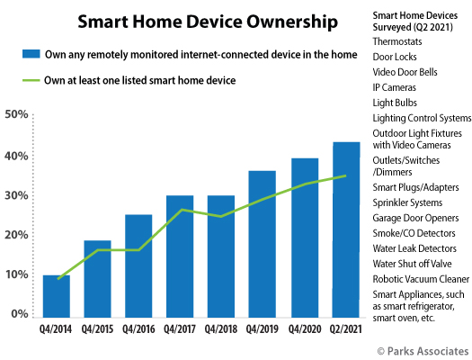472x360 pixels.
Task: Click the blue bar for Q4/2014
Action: pos(57,296)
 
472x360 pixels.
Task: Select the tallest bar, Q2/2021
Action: pos(346,229)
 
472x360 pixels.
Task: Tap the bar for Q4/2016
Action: pos(138,266)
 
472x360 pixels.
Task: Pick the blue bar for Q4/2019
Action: pos(262,244)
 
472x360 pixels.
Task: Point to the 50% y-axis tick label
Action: pos(16,114)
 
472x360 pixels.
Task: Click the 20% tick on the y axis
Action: pos(16,235)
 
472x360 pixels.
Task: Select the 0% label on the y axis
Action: pos(19,313)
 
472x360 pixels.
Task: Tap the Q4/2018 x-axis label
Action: pos(221,329)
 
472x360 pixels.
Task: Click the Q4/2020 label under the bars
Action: pos(305,329)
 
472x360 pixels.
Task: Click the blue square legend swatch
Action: pos(31,54)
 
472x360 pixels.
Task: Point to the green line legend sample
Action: pos(31,80)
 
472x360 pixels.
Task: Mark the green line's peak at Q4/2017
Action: pos(182,210)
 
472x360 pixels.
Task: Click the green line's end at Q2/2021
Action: pos(345,175)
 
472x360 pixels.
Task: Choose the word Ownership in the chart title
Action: pos(292,22)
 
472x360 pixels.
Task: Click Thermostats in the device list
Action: pos(397,41)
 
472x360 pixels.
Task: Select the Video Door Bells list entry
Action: pos(405,72)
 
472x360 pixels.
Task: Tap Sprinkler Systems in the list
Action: pos(407,202)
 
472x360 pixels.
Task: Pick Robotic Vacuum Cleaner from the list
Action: pos(421,279)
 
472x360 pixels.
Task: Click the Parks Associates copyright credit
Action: pos(423,351)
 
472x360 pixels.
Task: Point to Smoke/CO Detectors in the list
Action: pos(414,233)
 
